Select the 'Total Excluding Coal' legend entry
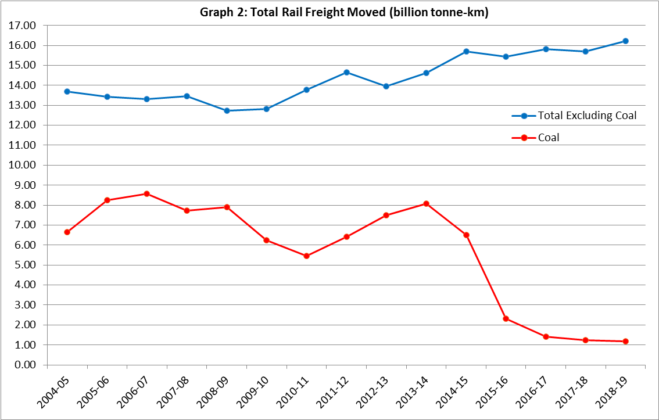587,116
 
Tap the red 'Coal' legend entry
549,138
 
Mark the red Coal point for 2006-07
147,193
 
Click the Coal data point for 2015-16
506,318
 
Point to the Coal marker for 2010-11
306,256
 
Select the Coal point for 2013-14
426,203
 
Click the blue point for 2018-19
625,41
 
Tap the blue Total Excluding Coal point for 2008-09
227,110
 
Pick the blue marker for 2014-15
466,51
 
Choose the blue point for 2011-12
346,72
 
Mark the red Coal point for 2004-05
67,232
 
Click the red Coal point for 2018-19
625,341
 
